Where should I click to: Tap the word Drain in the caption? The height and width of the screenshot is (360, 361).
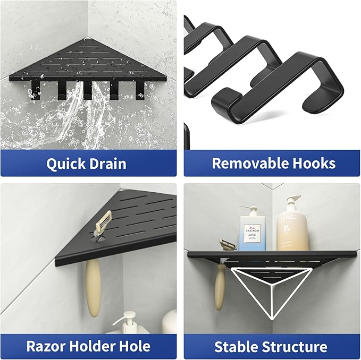click(x=107, y=163)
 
